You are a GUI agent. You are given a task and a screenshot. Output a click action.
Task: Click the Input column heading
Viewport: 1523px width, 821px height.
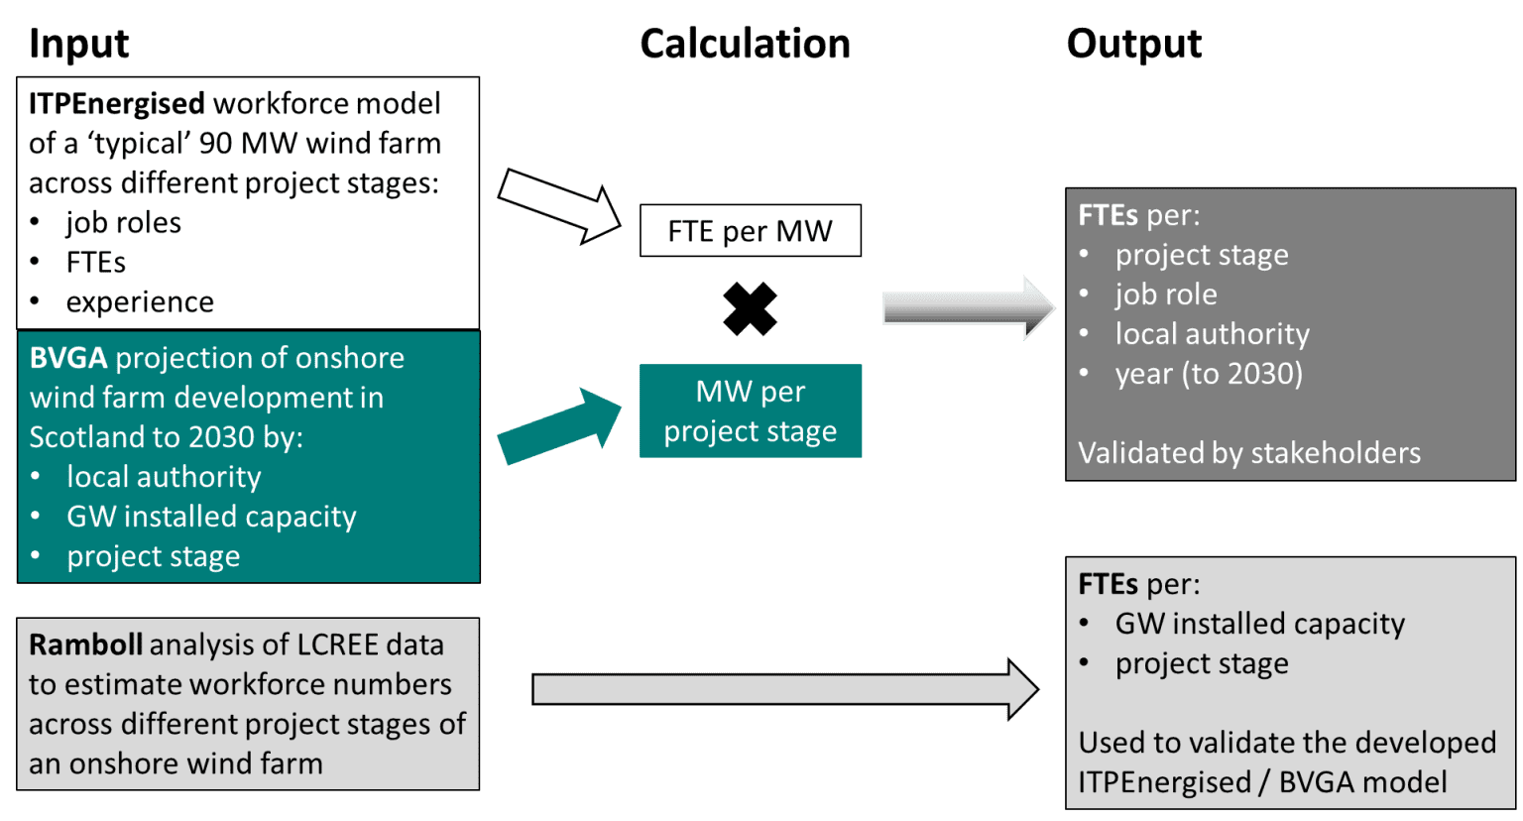coord(78,44)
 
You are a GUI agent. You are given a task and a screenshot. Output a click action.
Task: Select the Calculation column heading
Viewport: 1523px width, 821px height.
coord(745,44)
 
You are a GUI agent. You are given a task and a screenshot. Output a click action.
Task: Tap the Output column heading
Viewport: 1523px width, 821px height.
coord(1133,44)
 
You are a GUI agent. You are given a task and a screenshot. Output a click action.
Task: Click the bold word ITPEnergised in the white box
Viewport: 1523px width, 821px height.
coord(116,103)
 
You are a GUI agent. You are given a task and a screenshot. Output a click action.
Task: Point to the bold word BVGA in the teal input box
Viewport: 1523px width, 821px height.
coord(67,358)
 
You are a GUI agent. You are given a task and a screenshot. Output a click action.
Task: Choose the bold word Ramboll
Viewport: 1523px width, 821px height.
coord(85,645)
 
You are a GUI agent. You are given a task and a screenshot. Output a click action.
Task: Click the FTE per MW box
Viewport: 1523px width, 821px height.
coord(750,231)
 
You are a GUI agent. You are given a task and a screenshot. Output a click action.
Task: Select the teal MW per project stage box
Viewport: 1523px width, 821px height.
coord(750,410)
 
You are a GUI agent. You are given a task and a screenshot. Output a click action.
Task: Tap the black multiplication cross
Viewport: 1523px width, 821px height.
coord(750,308)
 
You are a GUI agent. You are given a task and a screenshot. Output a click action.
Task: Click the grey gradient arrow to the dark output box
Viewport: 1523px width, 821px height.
coord(968,307)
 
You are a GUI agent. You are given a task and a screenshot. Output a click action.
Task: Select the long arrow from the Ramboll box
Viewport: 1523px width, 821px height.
coord(783,688)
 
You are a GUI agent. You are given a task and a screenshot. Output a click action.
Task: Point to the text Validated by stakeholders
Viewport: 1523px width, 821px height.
coord(1248,453)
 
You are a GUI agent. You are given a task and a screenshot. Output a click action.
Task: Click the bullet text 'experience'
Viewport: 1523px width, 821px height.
coord(140,301)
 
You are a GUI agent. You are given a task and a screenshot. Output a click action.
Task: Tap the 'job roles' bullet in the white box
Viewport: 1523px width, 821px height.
coord(123,222)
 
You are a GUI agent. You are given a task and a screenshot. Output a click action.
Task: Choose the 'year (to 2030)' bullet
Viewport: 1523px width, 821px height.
coord(1209,374)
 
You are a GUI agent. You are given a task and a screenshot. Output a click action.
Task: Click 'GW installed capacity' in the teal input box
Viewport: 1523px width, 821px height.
coord(211,517)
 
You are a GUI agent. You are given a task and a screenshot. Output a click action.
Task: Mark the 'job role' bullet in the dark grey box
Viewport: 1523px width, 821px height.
coord(1166,294)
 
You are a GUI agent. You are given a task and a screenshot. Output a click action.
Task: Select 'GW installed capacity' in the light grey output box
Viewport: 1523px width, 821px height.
coord(1259,624)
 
